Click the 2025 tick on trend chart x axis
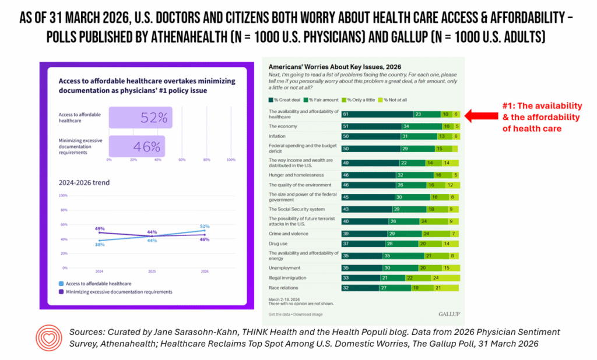point(152,271)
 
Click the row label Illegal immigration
point(287,278)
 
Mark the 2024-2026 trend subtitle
point(83,182)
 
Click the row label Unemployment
point(284,268)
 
